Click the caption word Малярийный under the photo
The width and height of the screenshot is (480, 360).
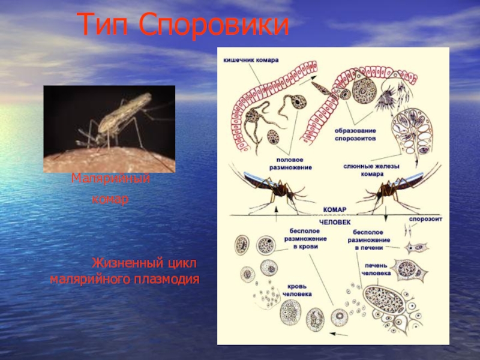tap(110, 179)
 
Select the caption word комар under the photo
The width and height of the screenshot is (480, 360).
tap(110, 199)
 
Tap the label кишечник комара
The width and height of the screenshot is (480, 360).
tap(251, 61)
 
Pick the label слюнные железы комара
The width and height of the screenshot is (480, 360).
tap(372, 169)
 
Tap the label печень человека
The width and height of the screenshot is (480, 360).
tap(376, 269)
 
